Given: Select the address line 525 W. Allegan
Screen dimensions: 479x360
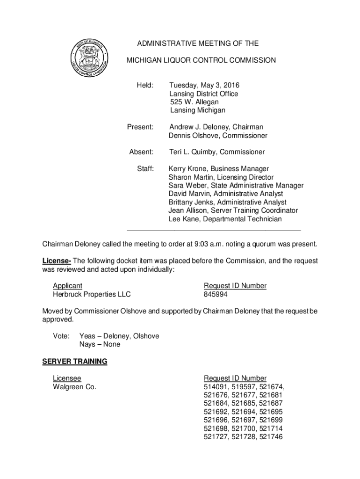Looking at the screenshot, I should pyautogui.click(x=194, y=102).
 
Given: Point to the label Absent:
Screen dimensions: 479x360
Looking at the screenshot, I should pyautogui.click(x=141, y=152).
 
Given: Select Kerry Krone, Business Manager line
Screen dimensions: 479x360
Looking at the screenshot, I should pyautogui.click(x=218, y=169).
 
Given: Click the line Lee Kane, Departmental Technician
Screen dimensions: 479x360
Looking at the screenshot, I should pyautogui.click(x=225, y=219).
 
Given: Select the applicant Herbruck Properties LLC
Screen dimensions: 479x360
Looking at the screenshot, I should pyautogui.click(x=92, y=294).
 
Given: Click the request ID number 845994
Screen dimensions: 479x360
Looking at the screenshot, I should pyautogui.click(x=215, y=294).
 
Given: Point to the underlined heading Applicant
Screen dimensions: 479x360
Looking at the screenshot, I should pyautogui.click(x=67, y=286).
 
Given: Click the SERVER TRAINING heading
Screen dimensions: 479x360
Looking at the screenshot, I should pyautogui.click(x=75, y=362).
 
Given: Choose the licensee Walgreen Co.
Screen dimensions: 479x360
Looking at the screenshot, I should pyautogui.click(x=74, y=387).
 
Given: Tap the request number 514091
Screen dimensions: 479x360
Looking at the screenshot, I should pyautogui.click(x=215, y=387).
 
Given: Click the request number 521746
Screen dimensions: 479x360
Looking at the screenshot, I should pyautogui.click(x=272, y=437).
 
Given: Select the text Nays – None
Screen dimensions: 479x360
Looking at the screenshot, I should pyautogui.click(x=100, y=344).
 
